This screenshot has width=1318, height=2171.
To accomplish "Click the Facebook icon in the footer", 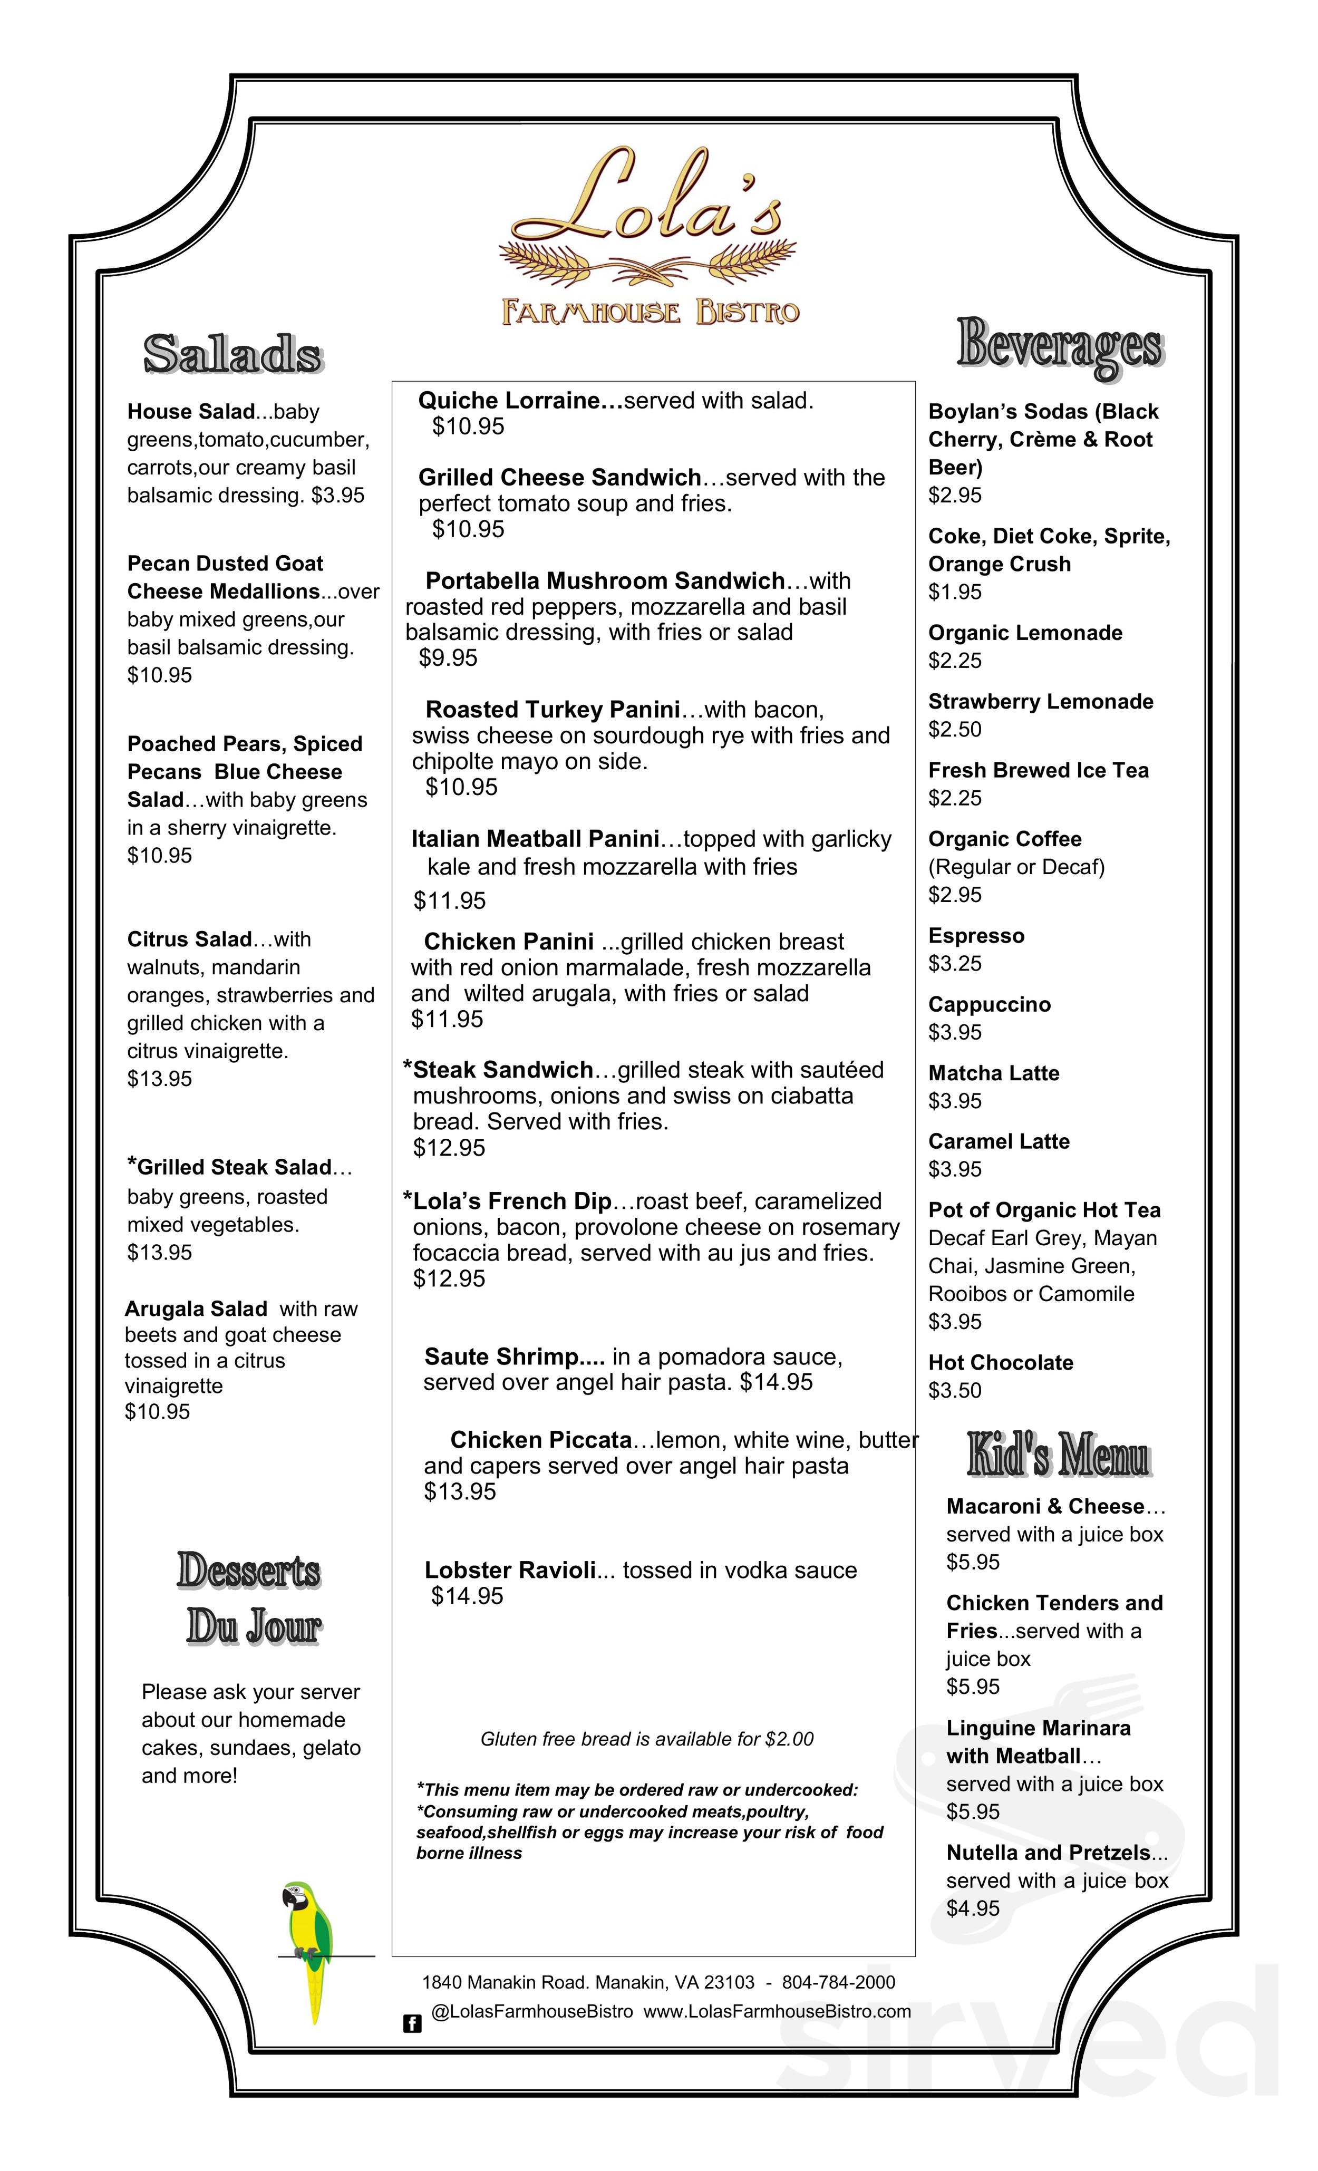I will [x=411, y=2025].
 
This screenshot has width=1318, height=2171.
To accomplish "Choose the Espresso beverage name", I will [x=976, y=936].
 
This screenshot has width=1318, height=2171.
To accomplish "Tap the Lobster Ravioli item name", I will [x=510, y=1570].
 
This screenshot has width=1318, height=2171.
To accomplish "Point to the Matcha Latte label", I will [x=994, y=1073].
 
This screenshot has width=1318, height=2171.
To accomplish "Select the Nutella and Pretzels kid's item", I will [x=1049, y=1853].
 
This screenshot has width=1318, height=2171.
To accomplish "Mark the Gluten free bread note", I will [x=647, y=1739].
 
